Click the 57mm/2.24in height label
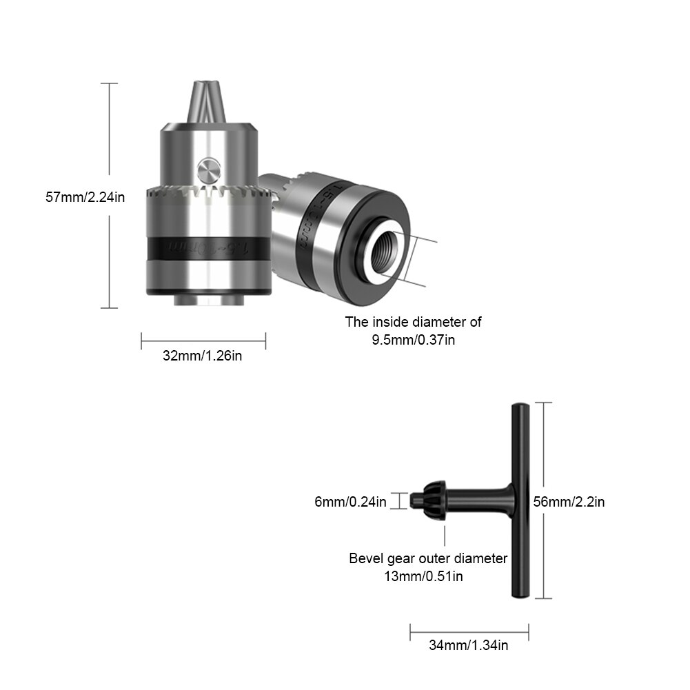tap(85, 196)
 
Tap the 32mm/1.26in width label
tap(203, 356)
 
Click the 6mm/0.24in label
tap(350, 502)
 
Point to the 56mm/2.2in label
tap(569, 502)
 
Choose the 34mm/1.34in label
tap(469, 645)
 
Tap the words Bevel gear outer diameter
tap(428, 558)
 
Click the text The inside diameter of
tap(414, 321)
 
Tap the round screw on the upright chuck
tap(207, 168)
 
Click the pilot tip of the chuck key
tap(415, 499)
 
